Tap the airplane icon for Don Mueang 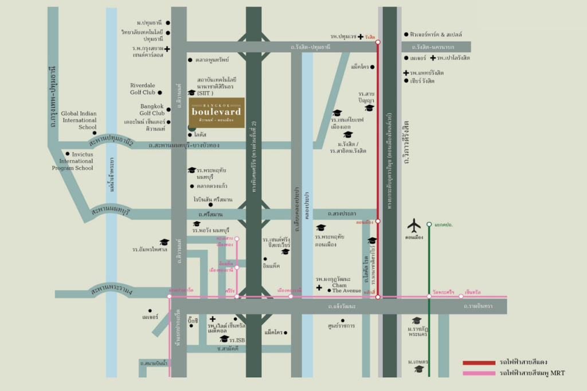[414, 225]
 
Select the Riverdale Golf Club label [142, 89]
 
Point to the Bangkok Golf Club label [152, 110]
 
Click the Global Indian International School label [79, 120]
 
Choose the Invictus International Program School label [72, 161]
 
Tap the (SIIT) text [205, 93]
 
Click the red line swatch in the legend [479, 363]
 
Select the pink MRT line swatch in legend [479, 373]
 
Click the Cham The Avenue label [346, 288]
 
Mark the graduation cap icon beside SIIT [191, 92]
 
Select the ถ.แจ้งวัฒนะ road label [342, 307]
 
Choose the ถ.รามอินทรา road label [478, 307]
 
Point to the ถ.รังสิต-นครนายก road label [436, 47]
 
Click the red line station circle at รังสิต [378, 42]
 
